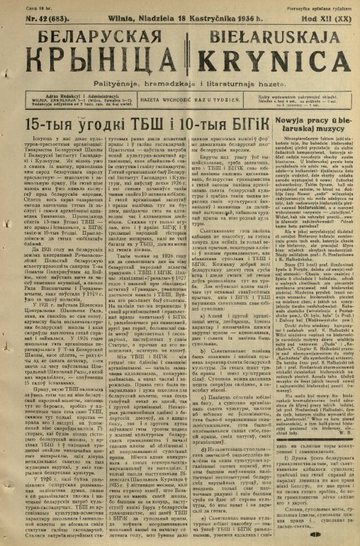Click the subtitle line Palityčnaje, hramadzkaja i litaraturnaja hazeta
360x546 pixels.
(181, 84)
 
